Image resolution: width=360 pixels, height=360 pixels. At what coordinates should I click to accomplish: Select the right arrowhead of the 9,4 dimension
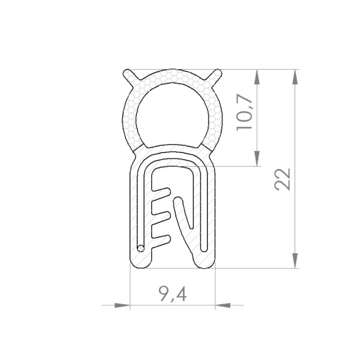tap(222, 305)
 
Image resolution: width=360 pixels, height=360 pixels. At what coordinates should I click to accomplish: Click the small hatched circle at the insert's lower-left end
tap(140, 247)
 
